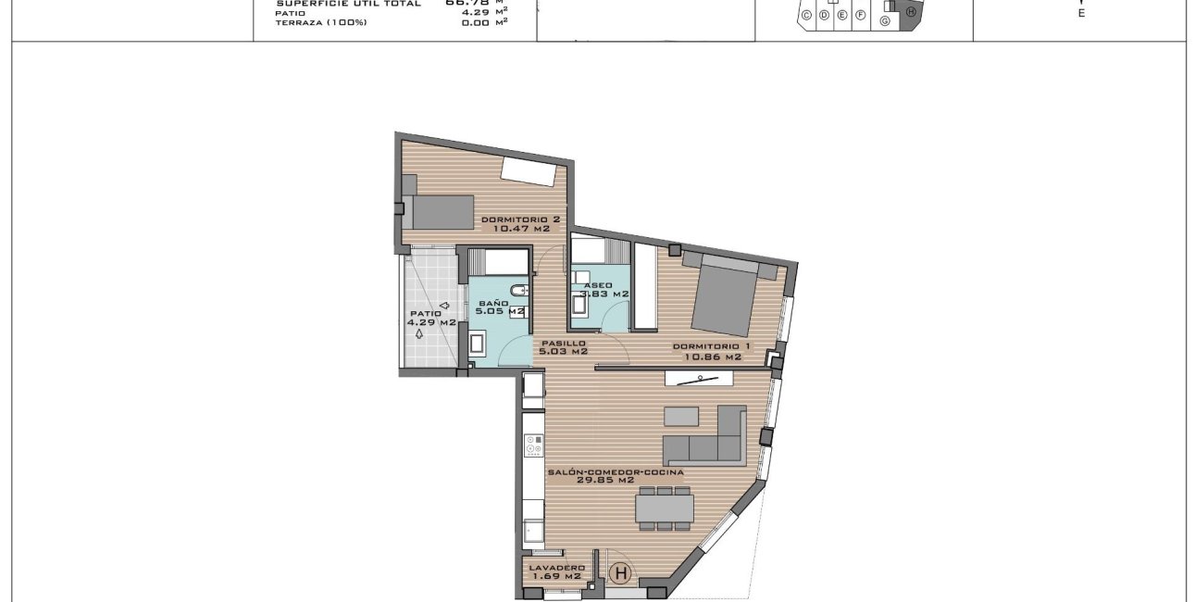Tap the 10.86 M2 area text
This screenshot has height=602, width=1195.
[x=707, y=357]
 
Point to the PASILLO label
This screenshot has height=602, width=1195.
[x=563, y=343]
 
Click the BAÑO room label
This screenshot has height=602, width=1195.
[x=493, y=303]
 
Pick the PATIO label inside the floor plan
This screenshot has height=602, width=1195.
[x=426, y=313]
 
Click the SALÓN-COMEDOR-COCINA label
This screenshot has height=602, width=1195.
[x=615, y=471]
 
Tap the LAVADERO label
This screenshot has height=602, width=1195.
[x=556, y=568]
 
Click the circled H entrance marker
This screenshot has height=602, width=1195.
[x=621, y=574]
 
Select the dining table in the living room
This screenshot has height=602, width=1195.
[x=665, y=508]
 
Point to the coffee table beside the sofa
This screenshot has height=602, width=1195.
[x=682, y=415]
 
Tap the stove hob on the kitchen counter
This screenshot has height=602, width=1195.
[x=533, y=448]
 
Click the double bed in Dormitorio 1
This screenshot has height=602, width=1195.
[x=725, y=295]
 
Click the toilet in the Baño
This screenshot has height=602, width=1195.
[x=518, y=291]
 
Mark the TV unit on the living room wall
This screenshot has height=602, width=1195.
[x=700, y=377]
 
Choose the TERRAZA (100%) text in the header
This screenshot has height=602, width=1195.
[x=321, y=22]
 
